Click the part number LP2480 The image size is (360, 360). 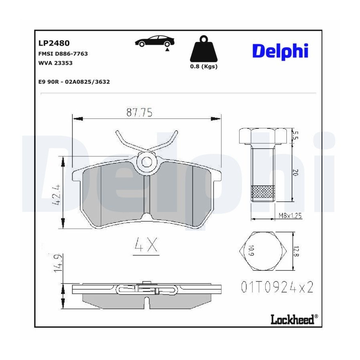coord(54,43)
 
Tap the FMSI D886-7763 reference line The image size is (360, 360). coord(63,54)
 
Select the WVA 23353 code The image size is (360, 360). coord(55,63)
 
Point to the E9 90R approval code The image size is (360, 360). coord(74,82)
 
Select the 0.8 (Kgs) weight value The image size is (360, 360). coord(204,66)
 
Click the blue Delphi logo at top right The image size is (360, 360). coord(280,52)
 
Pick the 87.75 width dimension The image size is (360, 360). coord(139,112)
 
